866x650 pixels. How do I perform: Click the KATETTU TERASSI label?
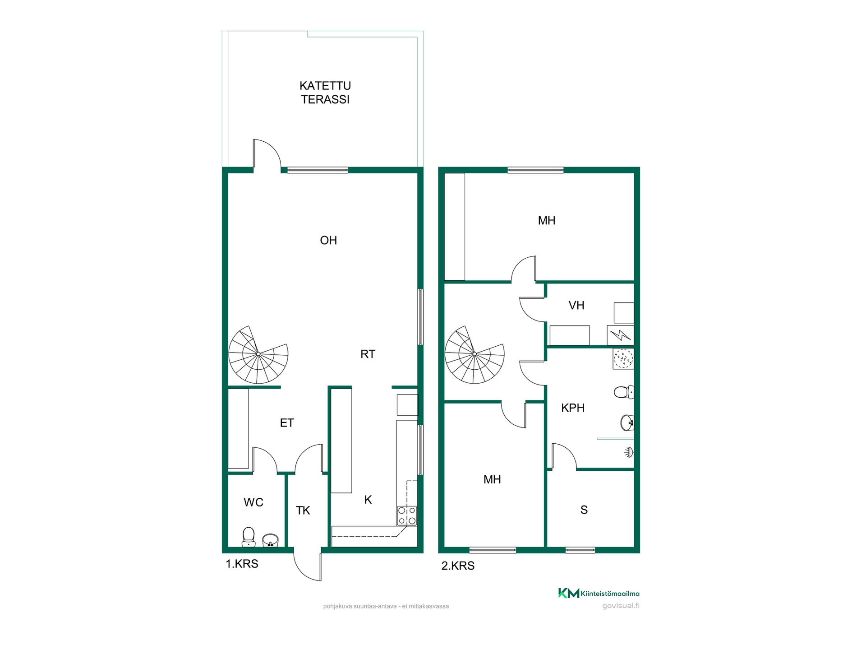click(325, 93)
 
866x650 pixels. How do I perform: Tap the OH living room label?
click(328, 240)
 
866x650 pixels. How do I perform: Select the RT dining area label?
click(368, 354)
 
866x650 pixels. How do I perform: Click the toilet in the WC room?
click(249, 537)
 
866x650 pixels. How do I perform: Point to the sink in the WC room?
click(270, 540)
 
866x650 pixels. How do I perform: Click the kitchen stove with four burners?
click(407, 515)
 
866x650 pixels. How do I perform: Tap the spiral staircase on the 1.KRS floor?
click(258, 354)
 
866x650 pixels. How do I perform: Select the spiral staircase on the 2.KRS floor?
click(474, 354)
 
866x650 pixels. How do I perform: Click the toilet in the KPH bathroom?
click(624, 392)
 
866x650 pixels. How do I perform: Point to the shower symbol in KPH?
click(629, 452)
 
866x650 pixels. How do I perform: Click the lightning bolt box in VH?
click(621, 335)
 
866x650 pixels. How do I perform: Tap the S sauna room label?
click(584, 510)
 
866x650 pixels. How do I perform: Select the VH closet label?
click(576, 306)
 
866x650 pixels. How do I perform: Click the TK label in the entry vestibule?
click(303, 511)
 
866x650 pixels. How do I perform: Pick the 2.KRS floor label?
click(458, 566)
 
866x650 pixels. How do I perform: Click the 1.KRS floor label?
click(242, 564)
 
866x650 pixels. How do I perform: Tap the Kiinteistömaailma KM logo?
click(599, 593)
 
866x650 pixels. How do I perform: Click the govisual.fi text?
click(621, 606)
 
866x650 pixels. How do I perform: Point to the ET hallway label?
click(287, 423)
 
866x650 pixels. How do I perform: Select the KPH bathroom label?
click(573, 408)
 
